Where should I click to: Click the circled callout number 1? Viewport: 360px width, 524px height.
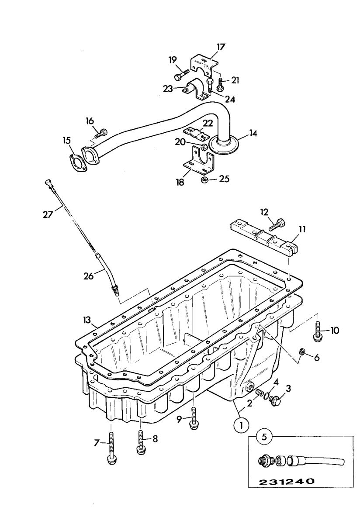(241, 424)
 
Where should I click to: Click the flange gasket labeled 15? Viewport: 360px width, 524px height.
(77, 162)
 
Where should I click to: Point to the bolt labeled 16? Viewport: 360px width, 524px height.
(100, 133)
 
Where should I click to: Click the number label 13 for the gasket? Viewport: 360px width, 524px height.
(87, 320)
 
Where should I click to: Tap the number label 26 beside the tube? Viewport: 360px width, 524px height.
(89, 276)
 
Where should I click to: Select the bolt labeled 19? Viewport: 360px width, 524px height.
(181, 74)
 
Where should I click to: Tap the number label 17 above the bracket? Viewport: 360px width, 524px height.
(221, 47)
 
